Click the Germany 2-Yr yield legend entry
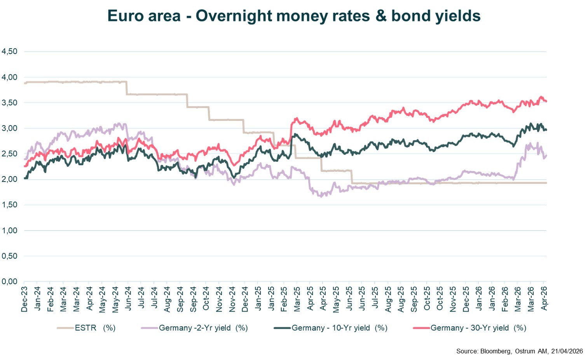click(x=203, y=328)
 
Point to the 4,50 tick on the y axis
click(x=10, y=51)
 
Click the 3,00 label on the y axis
click(x=10, y=128)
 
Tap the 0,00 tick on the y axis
click(x=10, y=281)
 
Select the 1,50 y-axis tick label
click(x=10, y=205)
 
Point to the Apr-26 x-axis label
click(x=544, y=299)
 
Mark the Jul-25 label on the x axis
click(x=375, y=299)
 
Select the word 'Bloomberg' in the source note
click(x=496, y=351)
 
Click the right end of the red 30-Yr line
click(x=546, y=101)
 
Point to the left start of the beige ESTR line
click(x=24, y=83)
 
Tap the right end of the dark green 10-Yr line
click(x=546, y=130)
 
